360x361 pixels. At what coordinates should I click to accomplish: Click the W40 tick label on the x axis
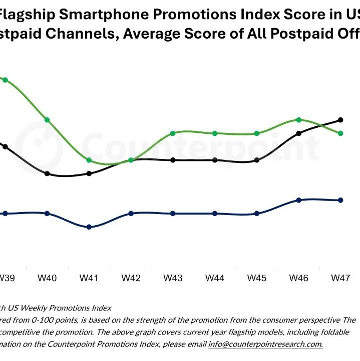[47, 277]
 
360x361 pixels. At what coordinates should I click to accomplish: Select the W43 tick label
[173, 277]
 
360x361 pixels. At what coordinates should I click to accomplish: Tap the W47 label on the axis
[340, 277]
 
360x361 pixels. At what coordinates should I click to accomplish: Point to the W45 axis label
[257, 277]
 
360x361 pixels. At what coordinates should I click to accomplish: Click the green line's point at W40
[47, 120]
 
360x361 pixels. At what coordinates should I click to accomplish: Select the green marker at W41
[89, 160]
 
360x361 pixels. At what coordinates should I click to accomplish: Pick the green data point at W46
[299, 120]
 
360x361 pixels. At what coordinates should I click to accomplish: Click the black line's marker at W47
[340, 120]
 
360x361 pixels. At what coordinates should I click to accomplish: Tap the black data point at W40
[47, 173]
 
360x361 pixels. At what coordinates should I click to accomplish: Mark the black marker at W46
[299, 133]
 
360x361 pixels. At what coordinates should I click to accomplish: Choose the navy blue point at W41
[89, 227]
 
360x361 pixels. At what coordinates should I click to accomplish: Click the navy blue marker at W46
[299, 200]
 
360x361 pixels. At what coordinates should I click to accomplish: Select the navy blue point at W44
[215, 214]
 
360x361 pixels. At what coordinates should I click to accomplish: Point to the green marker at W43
[173, 133]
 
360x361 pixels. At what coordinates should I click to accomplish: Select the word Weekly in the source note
[35, 307]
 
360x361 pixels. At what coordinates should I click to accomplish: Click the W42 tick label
[131, 277]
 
